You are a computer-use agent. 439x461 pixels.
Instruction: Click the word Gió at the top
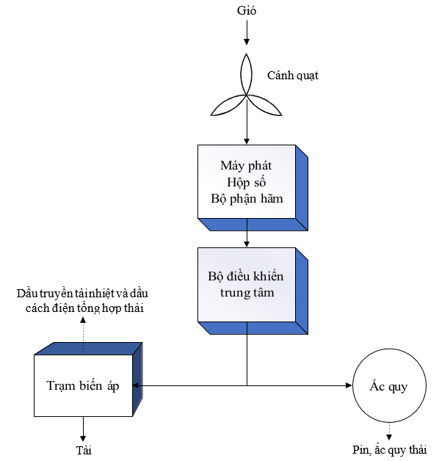click(x=247, y=10)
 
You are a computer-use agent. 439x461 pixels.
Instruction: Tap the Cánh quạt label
click(x=293, y=76)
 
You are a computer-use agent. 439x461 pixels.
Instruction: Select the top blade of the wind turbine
click(x=247, y=74)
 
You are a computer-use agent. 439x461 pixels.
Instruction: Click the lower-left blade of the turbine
click(x=228, y=105)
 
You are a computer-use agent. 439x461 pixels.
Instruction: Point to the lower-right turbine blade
click(x=264, y=105)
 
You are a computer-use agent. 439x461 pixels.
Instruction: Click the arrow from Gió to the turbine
click(x=247, y=32)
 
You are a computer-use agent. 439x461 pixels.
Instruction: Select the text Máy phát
click(x=246, y=166)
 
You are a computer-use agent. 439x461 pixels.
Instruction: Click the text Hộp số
click(x=246, y=182)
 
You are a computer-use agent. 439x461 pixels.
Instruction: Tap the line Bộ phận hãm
click(x=247, y=199)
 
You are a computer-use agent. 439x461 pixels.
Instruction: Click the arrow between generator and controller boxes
click(x=247, y=233)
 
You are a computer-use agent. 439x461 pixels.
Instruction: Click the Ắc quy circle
click(x=389, y=385)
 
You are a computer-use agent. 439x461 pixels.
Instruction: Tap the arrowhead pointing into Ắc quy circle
click(x=349, y=385)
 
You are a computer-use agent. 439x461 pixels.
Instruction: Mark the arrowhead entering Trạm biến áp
click(x=136, y=385)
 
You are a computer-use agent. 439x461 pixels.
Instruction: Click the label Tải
click(x=84, y=451)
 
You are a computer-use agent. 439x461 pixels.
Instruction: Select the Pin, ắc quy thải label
click(x=389, y=450)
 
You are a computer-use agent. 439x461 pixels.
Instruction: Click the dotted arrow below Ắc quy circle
click(x=389, y=432)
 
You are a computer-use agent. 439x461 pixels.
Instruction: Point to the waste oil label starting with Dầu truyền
click(x=83, y=301)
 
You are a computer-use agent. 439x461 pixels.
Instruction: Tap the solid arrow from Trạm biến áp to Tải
click(x=83, y=429)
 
